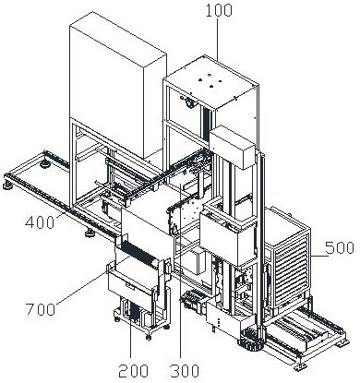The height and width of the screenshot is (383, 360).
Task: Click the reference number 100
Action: point(219,11)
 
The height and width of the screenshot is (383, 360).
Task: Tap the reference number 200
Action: point(133,371)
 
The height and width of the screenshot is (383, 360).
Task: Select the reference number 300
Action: point(185,371)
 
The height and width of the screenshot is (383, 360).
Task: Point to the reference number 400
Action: point(40,222)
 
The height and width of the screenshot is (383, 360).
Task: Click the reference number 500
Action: point(340,247)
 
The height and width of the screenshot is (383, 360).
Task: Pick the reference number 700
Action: point(41,309)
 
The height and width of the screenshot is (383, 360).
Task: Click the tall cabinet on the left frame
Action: point(118,85)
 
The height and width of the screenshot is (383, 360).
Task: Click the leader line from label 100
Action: point(219,40)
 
